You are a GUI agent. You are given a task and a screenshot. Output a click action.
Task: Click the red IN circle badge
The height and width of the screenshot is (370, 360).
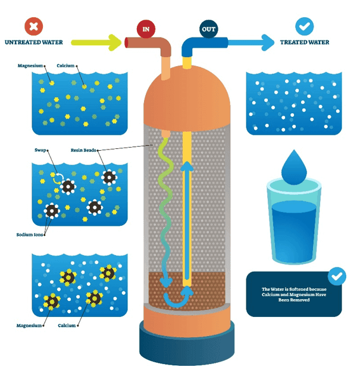click(x=146, y=28)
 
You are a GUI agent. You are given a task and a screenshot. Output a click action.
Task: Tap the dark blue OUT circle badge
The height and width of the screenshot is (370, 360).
click(x=208, y=28)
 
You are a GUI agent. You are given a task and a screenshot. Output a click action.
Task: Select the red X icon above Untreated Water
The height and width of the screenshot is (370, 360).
click(x=33, y=27)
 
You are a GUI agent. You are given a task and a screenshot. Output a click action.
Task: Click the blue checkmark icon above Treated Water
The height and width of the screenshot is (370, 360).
click(x=305, y=27)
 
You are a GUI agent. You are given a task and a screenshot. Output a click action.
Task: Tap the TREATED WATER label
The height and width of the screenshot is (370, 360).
click(x=305, y=42)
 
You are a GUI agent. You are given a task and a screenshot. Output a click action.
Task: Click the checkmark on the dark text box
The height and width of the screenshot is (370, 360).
click(x=337, y=276)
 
